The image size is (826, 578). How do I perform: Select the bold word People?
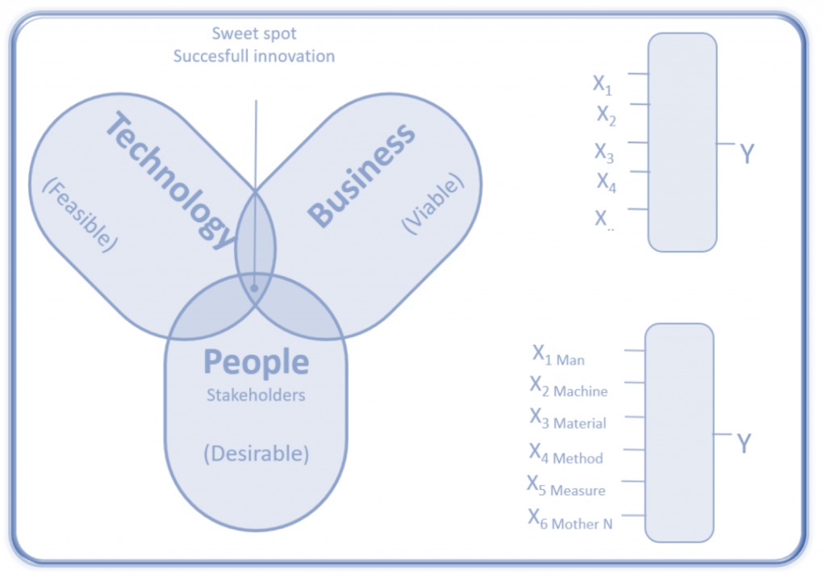tap(256, 362)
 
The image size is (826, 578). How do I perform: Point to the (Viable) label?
tap(433, 205)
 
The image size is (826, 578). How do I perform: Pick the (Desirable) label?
tap(256, 453)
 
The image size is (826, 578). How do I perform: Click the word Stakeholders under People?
tap(256, 396)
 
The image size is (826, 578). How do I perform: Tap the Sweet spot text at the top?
tap(254, 34)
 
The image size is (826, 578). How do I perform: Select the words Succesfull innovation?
tap(254, 57)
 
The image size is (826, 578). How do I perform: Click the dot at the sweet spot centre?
tap(254, 287)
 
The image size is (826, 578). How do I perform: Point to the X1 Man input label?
tap(558, 355)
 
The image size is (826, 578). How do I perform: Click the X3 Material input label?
tap(567, 419)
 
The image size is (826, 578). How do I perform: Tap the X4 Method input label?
tap(565, 454)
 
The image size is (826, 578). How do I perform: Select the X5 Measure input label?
tap(565, 486)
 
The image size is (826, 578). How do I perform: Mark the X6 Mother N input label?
tap(569, 519)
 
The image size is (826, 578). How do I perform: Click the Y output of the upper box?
tap(747, 153)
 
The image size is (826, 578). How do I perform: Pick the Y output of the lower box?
tap(744, 442)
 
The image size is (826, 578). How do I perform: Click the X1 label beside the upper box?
tap(603, 83)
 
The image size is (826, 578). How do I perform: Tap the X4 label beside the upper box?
tap(607, 182)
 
